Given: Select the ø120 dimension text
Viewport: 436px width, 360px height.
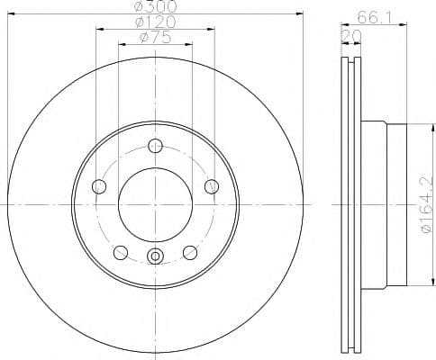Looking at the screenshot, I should pyautogui.click(x=156, y=22).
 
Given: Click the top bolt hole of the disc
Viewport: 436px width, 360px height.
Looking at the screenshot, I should pyautogui.click(x=155, y=147).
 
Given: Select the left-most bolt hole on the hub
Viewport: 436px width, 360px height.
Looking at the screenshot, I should pyautogui.click(x=99, y=186).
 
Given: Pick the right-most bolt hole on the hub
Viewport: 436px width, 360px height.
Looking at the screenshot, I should pyautogui.click(x=212, y=186).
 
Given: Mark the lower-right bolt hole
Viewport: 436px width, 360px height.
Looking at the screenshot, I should pyautogui.click(x=190, y=252).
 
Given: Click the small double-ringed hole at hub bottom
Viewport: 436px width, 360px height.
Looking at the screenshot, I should pyautogui.click(x=155, y=256).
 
